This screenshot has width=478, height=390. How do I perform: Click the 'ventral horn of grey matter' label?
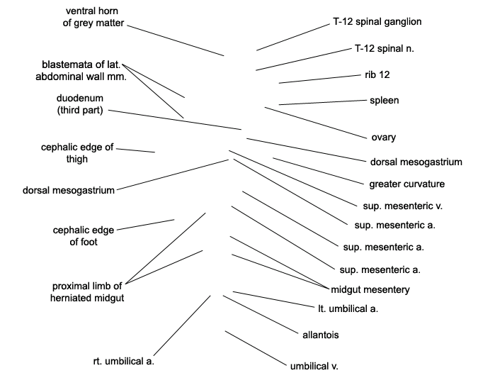[x=93, y=17]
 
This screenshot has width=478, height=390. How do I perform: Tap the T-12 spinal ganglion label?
[x=377, y=22]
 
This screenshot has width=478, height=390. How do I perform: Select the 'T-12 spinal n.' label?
[x=385, y=48]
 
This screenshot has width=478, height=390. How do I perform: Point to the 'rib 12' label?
[x=377, y=74]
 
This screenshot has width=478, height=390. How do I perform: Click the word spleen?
[x=384, y=101]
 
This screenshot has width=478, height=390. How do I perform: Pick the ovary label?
[x=384, y=138]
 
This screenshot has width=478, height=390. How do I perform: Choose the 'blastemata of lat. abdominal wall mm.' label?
[x=81, y=70]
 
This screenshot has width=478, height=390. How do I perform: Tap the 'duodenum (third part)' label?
[x=80, y=104]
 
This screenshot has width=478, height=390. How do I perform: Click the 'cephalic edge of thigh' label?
[x=77, y=153]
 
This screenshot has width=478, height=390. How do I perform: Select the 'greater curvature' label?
[x=406, y=184]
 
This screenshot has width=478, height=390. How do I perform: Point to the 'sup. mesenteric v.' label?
[x=402, y=206]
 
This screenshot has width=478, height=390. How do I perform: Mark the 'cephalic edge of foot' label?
[x=84, y=236]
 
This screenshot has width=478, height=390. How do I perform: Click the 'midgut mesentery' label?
[x=370, y=289]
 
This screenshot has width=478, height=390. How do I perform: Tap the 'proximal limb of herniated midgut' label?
[x=87, y=292]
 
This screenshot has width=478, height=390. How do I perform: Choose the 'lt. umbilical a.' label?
[x=348, y=309]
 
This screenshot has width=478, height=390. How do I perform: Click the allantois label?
[x=320, y=335]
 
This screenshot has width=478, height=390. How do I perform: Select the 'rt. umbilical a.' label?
[x=123, y=362]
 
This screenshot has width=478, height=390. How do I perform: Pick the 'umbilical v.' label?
[x=314, y=366]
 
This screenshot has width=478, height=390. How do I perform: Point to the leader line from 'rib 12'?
[x=320, y=79]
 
